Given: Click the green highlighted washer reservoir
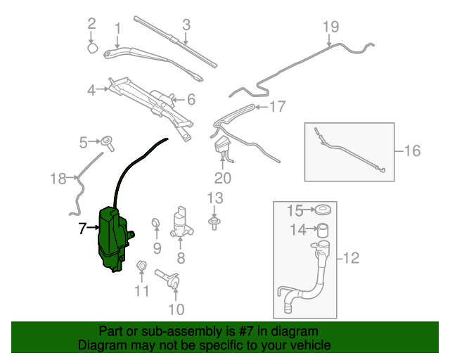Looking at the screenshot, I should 111,238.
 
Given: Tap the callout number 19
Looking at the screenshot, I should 330,27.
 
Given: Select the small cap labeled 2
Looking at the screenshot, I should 92,48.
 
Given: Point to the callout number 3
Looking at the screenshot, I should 186,25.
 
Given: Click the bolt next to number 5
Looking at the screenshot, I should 108,142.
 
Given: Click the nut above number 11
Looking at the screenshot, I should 141,266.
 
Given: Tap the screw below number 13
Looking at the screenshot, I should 214,222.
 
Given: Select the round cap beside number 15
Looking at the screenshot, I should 323,210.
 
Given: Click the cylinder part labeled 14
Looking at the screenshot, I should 323,229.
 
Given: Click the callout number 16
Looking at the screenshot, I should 412,150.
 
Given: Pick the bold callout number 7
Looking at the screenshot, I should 82,228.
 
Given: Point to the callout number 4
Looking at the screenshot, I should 91,89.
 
